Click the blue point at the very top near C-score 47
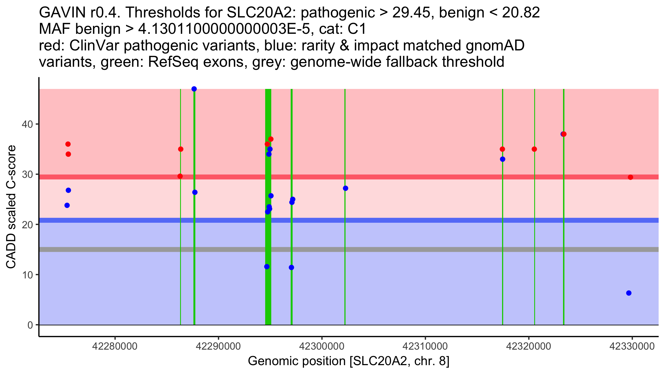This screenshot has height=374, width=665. [194, 89]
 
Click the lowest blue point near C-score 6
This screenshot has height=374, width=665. [629, 293]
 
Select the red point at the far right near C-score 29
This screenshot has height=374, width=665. [630, 177]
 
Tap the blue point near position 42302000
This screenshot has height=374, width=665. [346, 188]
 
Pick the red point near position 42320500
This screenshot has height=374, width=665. [534, 149]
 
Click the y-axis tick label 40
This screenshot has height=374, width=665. [27, 124]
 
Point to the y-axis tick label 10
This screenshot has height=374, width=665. [27, 275]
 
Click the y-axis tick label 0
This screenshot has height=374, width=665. [30, 325]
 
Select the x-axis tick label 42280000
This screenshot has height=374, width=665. [115, 346]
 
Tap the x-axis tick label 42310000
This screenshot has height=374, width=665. [425, 346]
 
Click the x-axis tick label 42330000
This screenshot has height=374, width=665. [632, 346]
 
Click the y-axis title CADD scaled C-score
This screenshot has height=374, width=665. [11, 207]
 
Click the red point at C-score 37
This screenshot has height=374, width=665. [271, 139]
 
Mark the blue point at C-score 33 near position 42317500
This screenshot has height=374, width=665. [503, 159]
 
